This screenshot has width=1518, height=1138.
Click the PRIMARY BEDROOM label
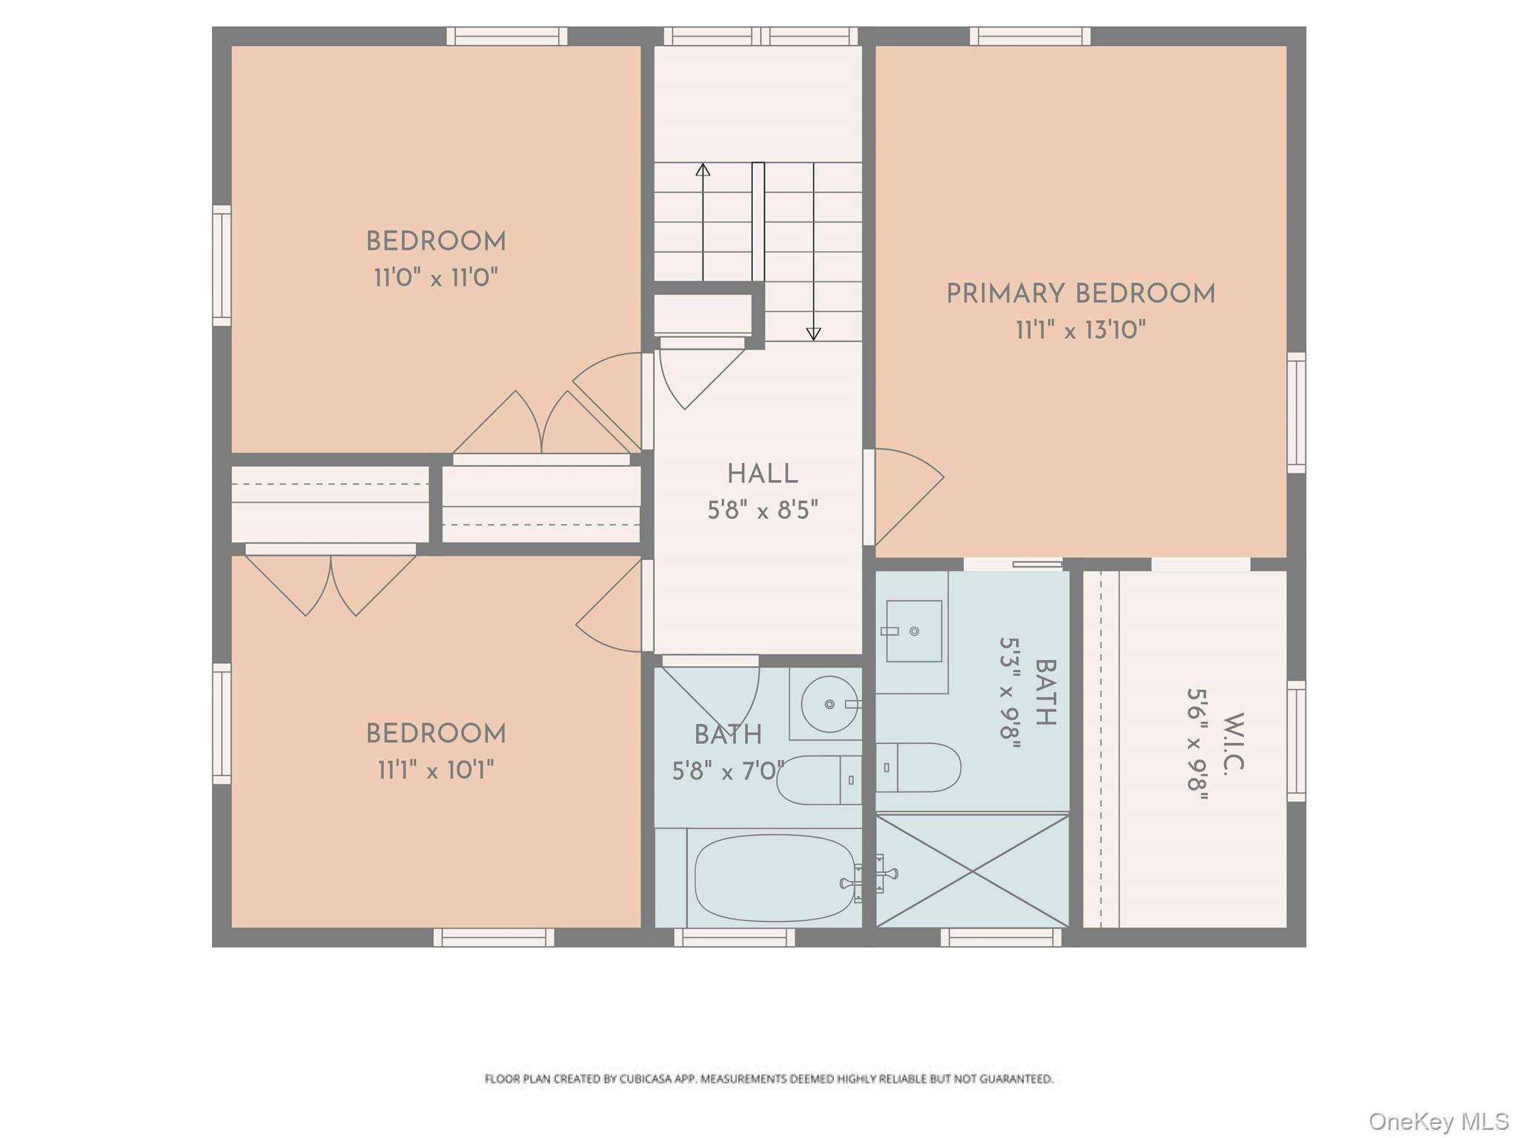pos(1080,294)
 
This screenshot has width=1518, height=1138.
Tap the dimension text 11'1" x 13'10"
pos(1080,330)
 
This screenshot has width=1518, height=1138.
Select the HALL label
pos(762,474)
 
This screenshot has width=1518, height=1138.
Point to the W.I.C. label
pos(1233,744)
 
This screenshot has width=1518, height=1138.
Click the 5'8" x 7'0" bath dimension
pos(727,771)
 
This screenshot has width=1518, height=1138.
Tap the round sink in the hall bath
pos(829,704)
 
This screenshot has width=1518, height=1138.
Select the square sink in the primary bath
pos(914,631)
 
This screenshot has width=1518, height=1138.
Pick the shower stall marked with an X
pos(972,871)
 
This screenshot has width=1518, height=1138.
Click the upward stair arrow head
pos(703,170)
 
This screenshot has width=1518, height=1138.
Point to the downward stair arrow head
pos(813,334)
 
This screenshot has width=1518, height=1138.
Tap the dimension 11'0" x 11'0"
pos(435,278)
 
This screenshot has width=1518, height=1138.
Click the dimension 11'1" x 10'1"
pos(435,771)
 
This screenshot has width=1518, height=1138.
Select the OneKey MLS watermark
pos(1437,1121)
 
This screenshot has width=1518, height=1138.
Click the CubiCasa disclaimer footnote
pos(769,1079)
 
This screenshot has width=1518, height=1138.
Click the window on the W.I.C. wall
pos(1296,741)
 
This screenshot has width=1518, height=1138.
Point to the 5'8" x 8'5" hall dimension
pos(762,510)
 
